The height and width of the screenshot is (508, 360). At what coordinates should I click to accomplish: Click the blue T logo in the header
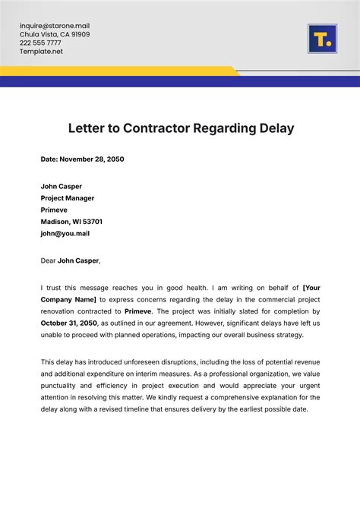click(x=321, y=38)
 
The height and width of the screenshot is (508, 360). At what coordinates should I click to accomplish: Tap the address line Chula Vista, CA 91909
click(x=55, y=34)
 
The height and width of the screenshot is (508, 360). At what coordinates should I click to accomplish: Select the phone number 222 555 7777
click(x=40, y=43)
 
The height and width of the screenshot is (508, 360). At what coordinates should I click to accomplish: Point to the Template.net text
click(x=41, y=52)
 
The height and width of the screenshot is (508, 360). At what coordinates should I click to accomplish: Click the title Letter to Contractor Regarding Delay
click(x=181, y=128)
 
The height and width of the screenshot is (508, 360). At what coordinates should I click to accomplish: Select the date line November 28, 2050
click(x=82, y=159)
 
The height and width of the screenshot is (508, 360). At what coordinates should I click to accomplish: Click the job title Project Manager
click(x=68, y=198)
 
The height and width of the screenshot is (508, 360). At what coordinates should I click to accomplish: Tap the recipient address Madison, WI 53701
click(x=71, y=222)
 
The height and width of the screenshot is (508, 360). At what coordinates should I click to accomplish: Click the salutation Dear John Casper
click(x=71, y=260)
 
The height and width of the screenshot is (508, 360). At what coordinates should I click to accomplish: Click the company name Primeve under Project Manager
click(x=54, y=210)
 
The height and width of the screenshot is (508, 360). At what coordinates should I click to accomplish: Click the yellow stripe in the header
click(x=114, y=71)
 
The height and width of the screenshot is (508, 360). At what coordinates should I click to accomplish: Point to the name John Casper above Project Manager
click(x=62, y=186)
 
